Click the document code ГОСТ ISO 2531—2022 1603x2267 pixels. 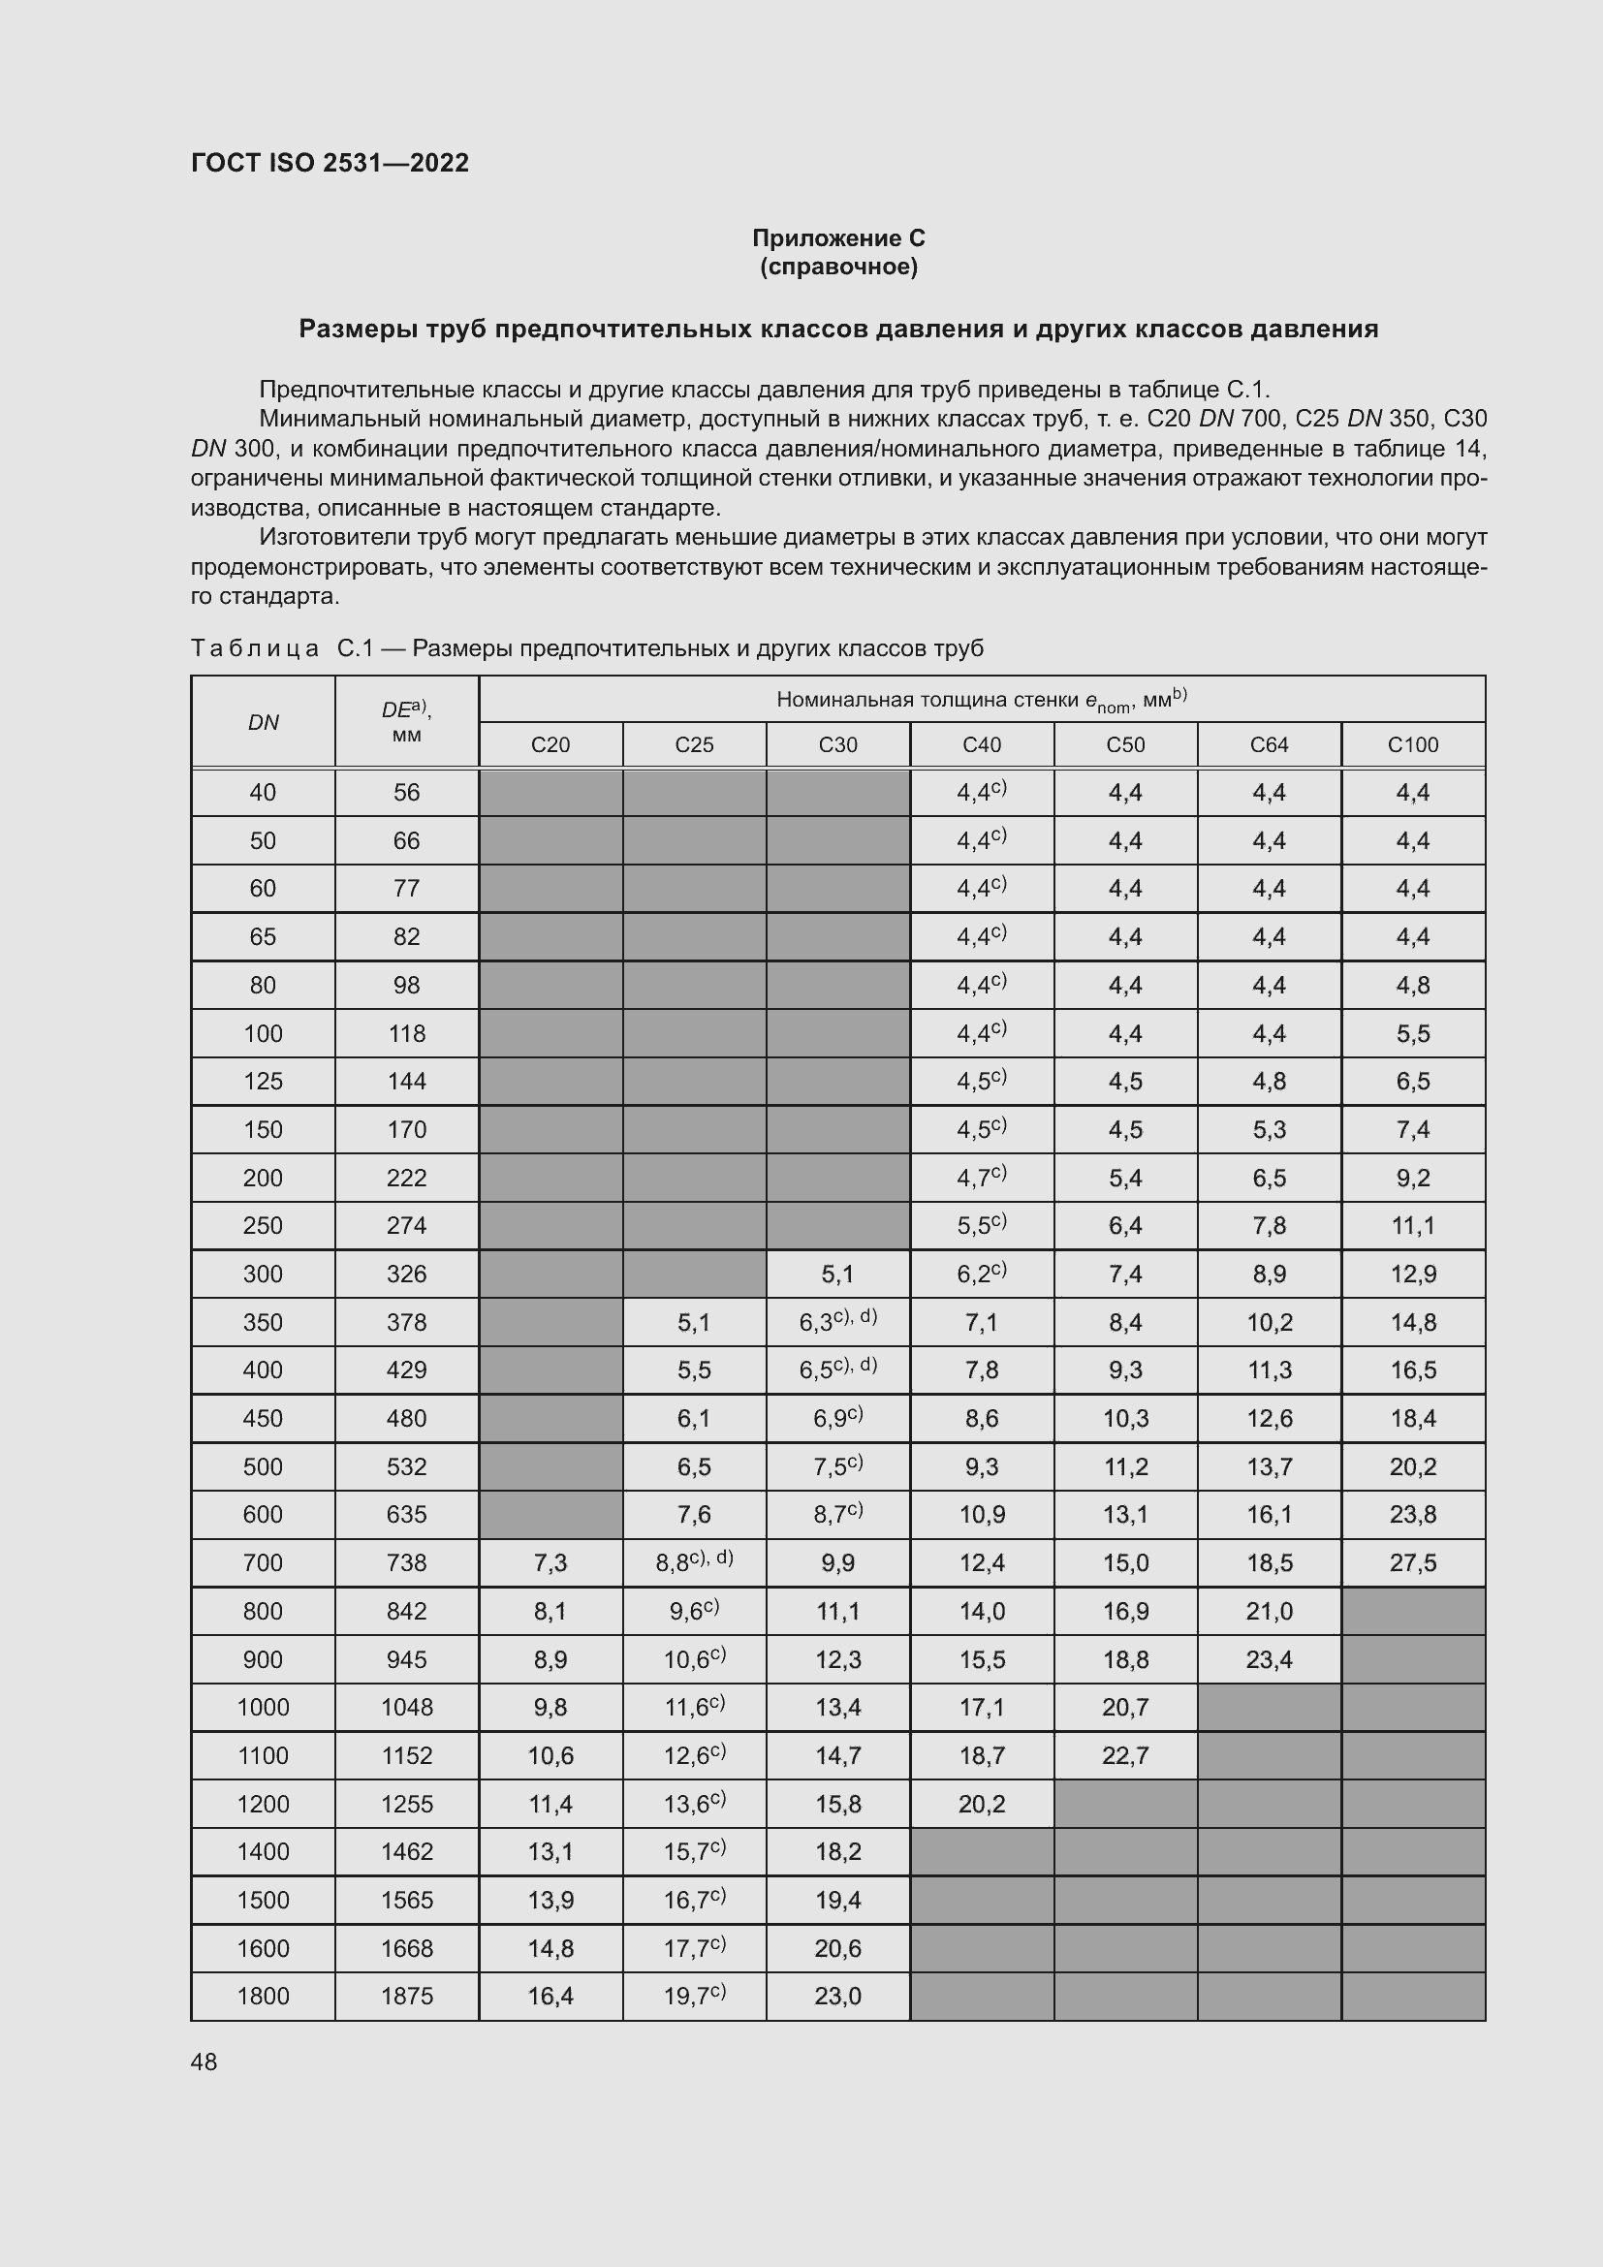coord(330,163)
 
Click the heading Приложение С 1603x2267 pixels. coord(838,238)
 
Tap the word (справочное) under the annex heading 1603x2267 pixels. coord(838,267)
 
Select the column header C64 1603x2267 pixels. coord(1269,744)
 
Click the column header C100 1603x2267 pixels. coord(1412,744)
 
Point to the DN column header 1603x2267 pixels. coord(263,722)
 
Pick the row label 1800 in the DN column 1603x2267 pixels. coord(263,1996)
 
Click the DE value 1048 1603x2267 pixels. coord(407,1706)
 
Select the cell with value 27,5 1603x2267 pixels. coord(1412,1562)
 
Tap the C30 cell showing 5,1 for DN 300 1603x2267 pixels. coord(837,1274)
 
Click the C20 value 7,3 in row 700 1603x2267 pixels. coord(550,1562)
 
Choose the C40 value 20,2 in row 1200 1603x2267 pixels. coord(981,1803)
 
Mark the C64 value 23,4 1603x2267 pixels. coord(1269,1658)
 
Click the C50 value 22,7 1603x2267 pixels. coord(1125,1754)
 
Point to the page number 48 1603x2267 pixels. coord(204,2062)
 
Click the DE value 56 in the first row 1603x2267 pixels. coord(407,792)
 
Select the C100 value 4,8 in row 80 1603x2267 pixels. coord(1412,985)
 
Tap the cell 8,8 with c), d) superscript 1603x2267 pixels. coord(694,1562)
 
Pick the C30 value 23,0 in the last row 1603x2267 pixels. coord(837,1996)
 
